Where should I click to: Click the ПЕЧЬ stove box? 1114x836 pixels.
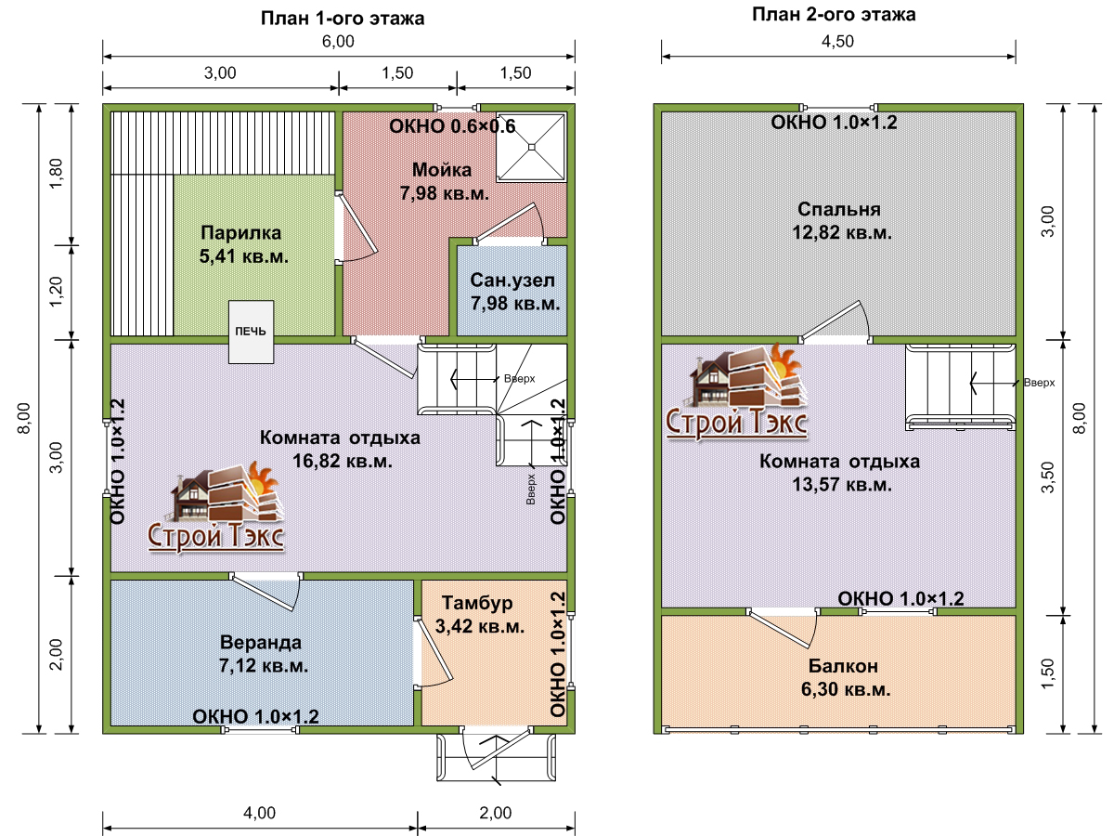[x=251, y=332]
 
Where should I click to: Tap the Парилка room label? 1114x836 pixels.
[x=241, y=232]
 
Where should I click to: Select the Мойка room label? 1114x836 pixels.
[x=442, y=170]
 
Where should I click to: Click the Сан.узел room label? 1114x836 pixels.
[x=512, y=280]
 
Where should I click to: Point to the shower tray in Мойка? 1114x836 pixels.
[x=531, y=147]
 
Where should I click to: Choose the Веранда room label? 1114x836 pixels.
[x=261, y=642]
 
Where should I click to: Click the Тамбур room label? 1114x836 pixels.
[x=477, y=603]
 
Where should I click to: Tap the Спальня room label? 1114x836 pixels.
[x=839, y=209]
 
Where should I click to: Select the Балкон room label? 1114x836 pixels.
[x=843, y=666]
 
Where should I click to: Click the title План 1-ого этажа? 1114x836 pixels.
[x=343, y=19]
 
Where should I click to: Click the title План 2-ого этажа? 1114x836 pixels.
[x=834, y=14]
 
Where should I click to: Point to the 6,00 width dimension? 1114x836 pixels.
[x=338, y=41]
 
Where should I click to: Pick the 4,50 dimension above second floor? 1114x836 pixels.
[x=838, y=41]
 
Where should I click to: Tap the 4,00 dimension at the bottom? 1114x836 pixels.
[x=259, y=813]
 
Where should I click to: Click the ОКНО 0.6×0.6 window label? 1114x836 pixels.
[x=452, y=126]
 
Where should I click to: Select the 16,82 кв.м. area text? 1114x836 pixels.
[x=342, y=461]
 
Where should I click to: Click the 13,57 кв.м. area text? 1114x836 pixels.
[x=842, y=485]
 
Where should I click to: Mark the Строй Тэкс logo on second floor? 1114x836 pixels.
[x=737, y=391]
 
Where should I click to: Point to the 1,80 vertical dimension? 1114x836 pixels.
[x=56, y=174]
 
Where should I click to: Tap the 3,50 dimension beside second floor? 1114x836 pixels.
[x=1048, y=477]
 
